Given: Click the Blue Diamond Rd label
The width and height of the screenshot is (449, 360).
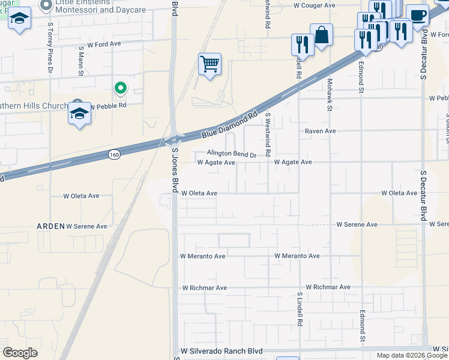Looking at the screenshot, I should tap(231, 124).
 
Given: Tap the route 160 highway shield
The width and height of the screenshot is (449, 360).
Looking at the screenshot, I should tap(113, 155).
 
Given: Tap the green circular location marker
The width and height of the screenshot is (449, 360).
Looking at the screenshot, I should tap(121, 89).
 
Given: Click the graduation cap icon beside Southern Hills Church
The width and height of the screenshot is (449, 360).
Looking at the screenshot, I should tap(79, 113).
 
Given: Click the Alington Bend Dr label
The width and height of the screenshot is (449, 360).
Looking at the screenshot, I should tap(232, 154).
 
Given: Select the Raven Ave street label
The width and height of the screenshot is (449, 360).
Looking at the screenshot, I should tap(320, 131).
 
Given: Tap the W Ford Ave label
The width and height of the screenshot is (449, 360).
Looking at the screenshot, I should tap(104, 44).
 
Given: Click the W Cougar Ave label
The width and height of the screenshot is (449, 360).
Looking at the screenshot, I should tap(314, 5).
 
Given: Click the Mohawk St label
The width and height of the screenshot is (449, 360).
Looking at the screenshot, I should tap(330, 94).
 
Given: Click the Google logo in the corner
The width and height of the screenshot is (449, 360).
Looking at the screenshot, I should tap(20, 352).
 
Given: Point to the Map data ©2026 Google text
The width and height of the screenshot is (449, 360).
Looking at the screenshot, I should tap(412, 355).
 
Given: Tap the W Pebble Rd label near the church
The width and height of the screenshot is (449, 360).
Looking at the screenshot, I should tap(108, 105).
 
